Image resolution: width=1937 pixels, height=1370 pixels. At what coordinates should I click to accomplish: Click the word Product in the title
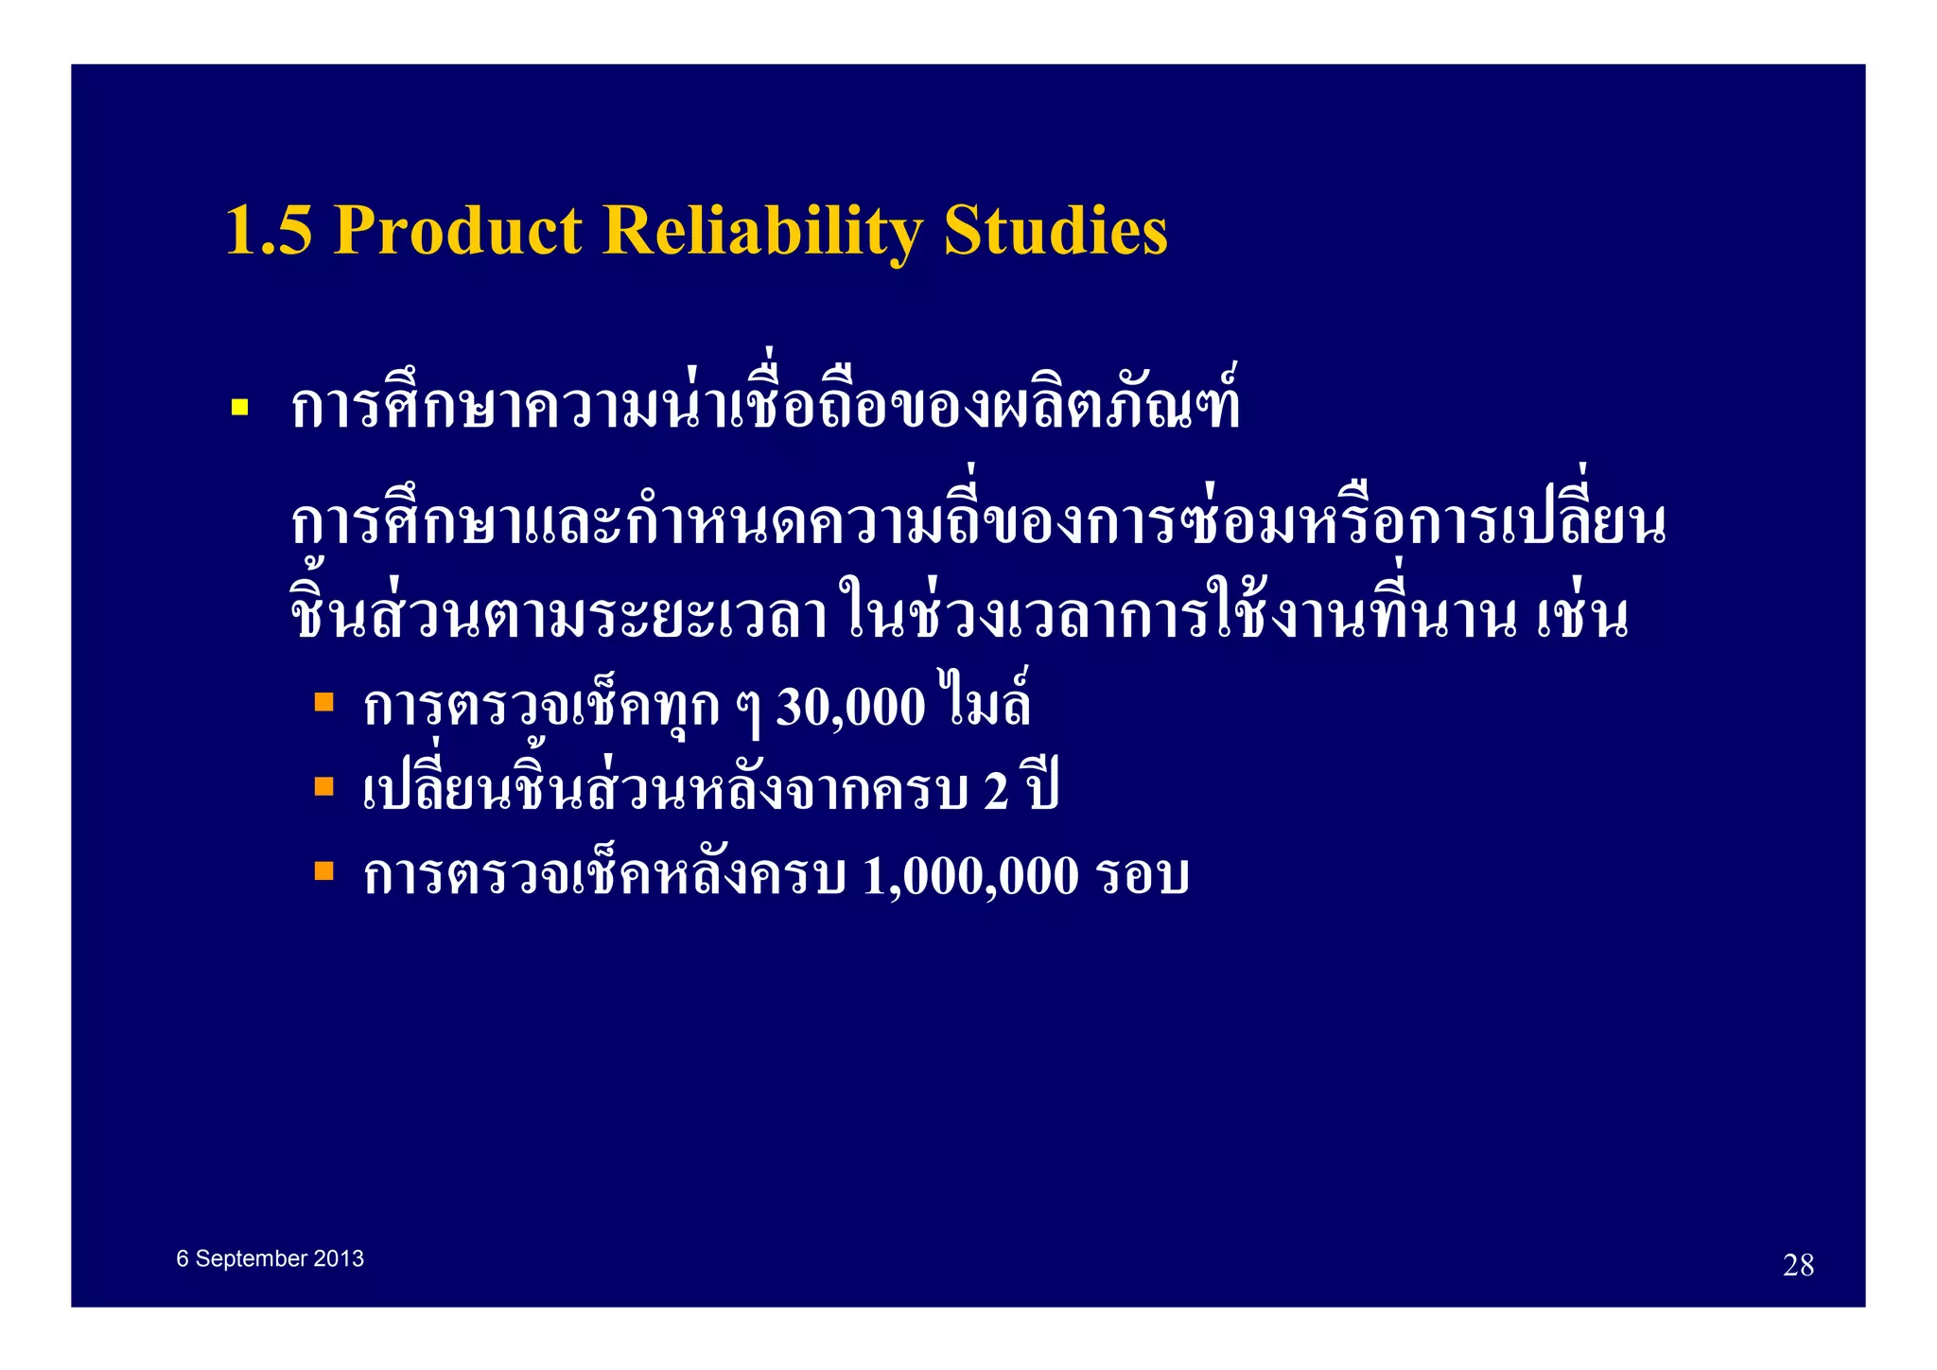point(458,231)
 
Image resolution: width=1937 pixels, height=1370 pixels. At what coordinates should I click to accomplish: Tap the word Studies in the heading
point(1056,231)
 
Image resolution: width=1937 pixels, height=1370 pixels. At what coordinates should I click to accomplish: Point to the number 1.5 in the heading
point(269,231)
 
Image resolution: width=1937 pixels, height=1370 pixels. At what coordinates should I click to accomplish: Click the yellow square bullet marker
point(239,409)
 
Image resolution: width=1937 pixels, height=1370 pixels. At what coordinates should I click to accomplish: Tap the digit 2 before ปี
point(995,792)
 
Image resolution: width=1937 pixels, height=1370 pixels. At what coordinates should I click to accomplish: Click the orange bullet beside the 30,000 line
point(324,702)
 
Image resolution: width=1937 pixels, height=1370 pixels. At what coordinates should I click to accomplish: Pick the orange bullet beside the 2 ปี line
point(324,786)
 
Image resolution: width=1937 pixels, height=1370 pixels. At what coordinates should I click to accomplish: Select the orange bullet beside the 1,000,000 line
point(324,870)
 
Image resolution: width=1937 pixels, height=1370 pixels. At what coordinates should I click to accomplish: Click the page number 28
point(1798,1265)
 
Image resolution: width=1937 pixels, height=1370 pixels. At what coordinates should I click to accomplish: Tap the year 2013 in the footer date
point(339,1259)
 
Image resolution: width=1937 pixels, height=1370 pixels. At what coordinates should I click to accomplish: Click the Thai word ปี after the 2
point(1041,787)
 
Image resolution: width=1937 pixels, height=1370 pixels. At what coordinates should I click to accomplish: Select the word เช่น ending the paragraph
point(1581,615)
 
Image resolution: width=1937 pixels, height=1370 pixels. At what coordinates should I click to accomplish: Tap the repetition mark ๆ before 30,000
point(748,711)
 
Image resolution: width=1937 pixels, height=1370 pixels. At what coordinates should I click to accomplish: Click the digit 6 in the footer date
point(183,1259)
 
